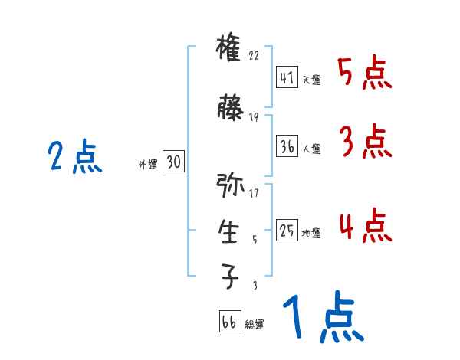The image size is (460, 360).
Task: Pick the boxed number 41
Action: tap(287, 78)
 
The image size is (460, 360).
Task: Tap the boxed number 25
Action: tap(287, 231)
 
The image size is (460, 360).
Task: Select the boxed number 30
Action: tap(173, 162)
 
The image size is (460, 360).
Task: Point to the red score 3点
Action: tap(364, 142)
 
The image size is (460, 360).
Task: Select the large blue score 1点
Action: tap(321, 319)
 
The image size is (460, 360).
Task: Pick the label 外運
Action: tap(147, 164)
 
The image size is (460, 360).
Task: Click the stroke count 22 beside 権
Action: tap(255, 57)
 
